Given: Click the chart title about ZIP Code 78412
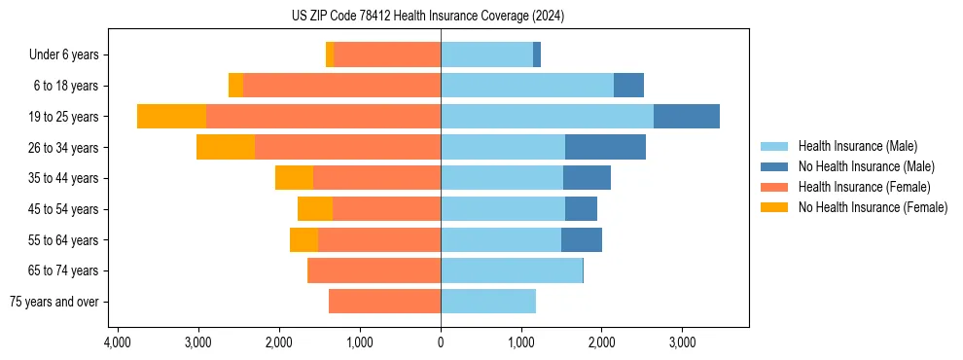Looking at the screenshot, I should [x=427, y=16].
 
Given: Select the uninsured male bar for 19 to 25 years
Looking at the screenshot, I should [x=686, y=117].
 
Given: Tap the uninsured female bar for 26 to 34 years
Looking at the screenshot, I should [x=226, y=147].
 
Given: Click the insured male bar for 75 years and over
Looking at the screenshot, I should [x=488, y=302].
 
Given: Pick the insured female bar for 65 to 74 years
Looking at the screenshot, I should [x=374, y=270].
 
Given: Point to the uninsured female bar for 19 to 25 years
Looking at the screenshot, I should [x=171, y=117].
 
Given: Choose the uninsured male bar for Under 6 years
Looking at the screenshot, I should [x=537, y=54].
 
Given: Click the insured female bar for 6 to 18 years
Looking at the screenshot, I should [x=341, y=86].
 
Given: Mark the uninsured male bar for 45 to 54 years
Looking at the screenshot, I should [x=581, y=208].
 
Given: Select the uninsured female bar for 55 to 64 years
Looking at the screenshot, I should [x=303, y=239].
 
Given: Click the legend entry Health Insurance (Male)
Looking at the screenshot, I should [x=857, y=146].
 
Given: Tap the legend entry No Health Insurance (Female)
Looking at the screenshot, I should [x=873, y=207].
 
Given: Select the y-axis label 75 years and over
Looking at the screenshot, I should [x=54, y=302].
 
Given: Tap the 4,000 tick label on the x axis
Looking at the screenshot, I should [x=117, y=343].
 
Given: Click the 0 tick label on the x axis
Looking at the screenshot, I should [x=441, y=343].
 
